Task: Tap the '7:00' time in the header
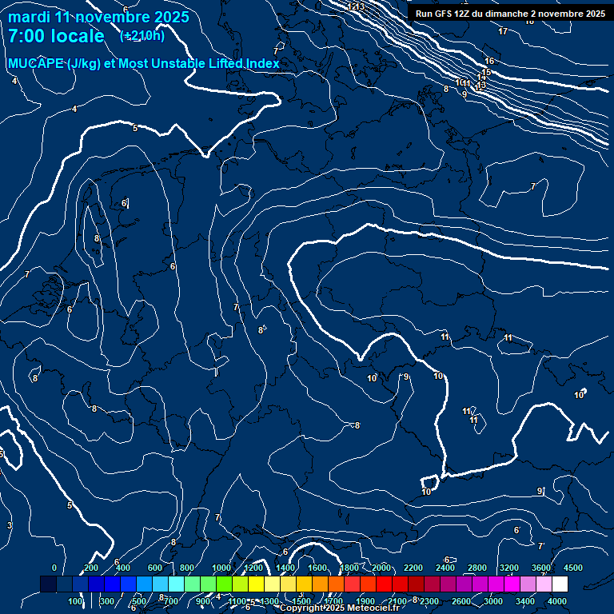coord(30,36)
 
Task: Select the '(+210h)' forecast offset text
coord(142,36)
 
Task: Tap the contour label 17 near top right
coord(503,31)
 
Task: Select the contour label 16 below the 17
coord(489,61)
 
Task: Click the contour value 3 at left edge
coord(10,524)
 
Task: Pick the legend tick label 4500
coord(573,568)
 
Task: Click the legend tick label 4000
coord(557,601)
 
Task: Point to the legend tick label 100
coord(76,601)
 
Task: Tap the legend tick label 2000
coord(381,568)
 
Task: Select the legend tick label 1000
coord(221,568)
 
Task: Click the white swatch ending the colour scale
coord(560,584)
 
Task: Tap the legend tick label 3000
coord(493,601)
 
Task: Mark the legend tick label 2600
coord(461,601)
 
